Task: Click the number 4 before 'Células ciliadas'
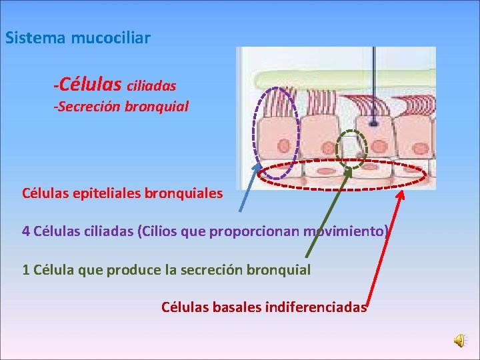click(26, 231)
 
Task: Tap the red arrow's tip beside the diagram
click(402, 193)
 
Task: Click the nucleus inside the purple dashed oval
click(283, 146)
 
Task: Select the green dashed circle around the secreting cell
click(351, 147)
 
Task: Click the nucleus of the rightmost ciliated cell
click(415, 141)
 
